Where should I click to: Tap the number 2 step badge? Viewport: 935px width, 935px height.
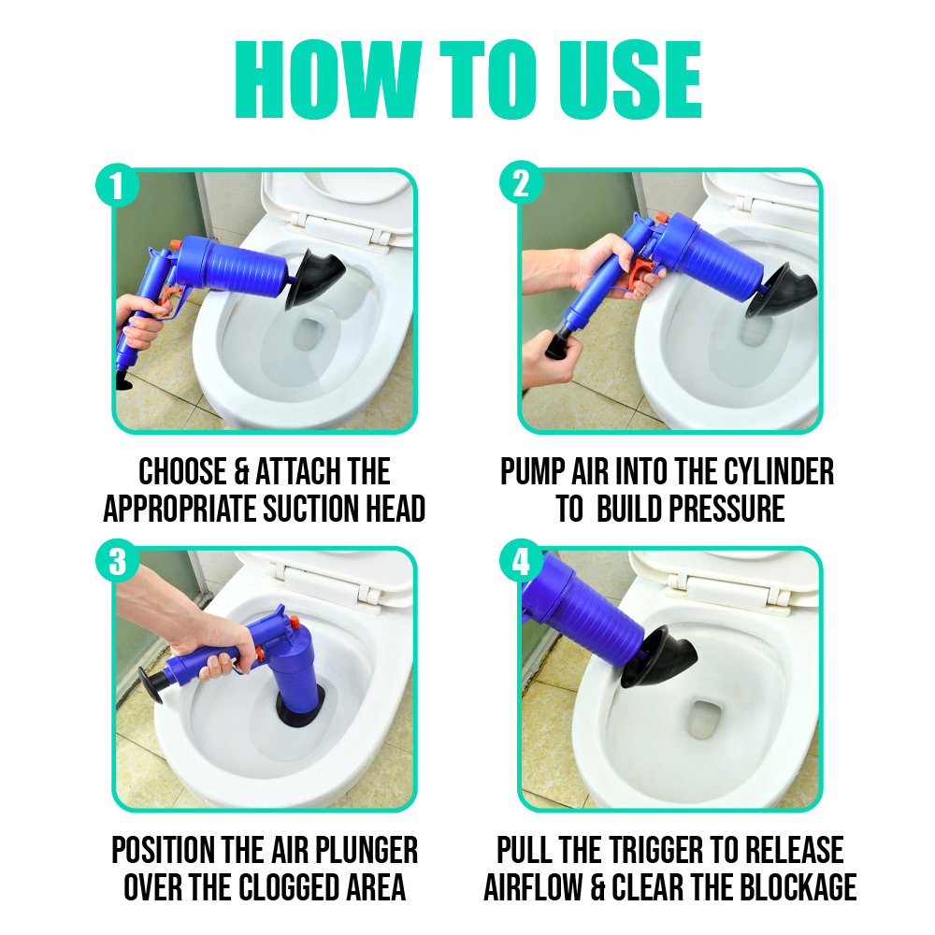pos(522,184)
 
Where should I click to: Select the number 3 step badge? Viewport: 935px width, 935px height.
pos(117,563)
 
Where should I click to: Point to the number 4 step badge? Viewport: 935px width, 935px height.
pos(522,563)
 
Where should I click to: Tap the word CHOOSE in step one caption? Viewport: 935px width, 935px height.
pos(182,471)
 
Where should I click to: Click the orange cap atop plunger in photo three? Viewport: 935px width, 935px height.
pos(290,623)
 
